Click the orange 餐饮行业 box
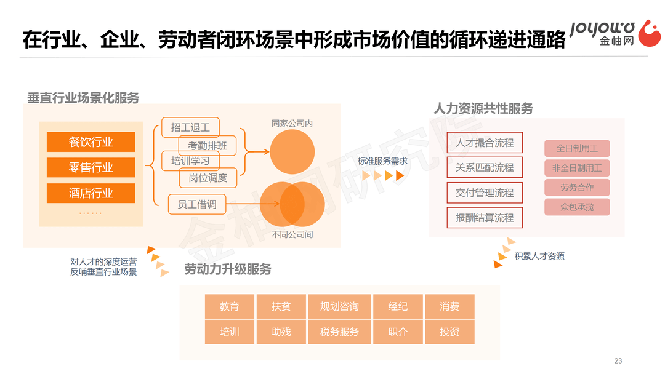point(91,142)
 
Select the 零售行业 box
point(91,167)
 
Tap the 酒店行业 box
point(91,193)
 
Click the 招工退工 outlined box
point(190,127)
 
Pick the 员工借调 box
point(197,204)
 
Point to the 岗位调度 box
point(208,178)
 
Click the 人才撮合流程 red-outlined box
point(485,143)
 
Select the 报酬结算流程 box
point(485,218)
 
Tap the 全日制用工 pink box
point(577,148)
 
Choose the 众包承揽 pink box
point(577,207)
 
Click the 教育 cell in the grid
point(230,306)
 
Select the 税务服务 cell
point(340,332)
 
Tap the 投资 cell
point(449,332)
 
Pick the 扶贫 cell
point(281,306)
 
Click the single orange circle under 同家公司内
point(292,152)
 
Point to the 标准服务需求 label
point(382,161)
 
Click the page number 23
point(618,361)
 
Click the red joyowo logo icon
point(650,33)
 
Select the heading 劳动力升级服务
point(228,269)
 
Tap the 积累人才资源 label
point(539,256)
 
